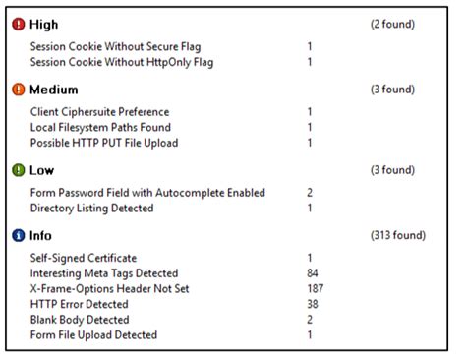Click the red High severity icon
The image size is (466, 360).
point(19,24)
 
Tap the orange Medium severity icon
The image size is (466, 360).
point(19,90)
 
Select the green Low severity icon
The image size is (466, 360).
point(19,170)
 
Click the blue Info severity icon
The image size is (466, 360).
point(19,236)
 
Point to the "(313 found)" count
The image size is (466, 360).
point(398,236)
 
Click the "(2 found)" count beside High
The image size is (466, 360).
point(392,24)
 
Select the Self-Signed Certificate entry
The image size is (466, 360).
point(84,258)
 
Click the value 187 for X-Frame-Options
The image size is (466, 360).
point(316,289)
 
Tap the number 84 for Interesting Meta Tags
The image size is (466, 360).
point(313,273)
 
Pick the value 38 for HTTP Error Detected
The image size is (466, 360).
point(313,305)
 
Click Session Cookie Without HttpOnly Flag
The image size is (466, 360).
point(122,62)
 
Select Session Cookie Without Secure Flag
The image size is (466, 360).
point(115,46)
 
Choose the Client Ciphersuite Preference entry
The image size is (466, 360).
point(99,112)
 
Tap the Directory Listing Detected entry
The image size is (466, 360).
point(92,209)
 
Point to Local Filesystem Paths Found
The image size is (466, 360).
point(100,128)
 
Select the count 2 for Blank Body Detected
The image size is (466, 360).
point(310,321)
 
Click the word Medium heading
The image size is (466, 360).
point(54,90)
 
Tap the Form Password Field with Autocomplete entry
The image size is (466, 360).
point(147,193)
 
